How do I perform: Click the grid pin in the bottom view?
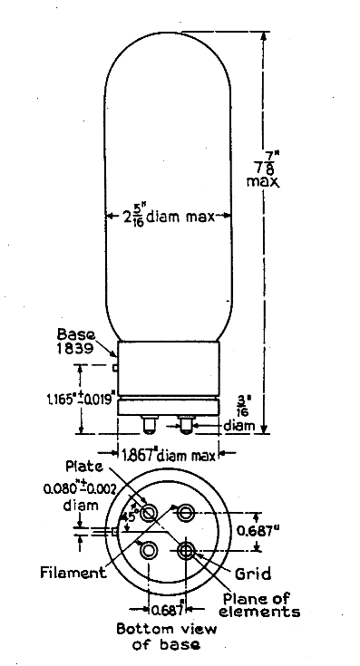186,550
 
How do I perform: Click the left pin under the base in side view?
149,422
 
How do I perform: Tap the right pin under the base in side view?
186,422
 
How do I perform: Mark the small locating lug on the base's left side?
116,367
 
